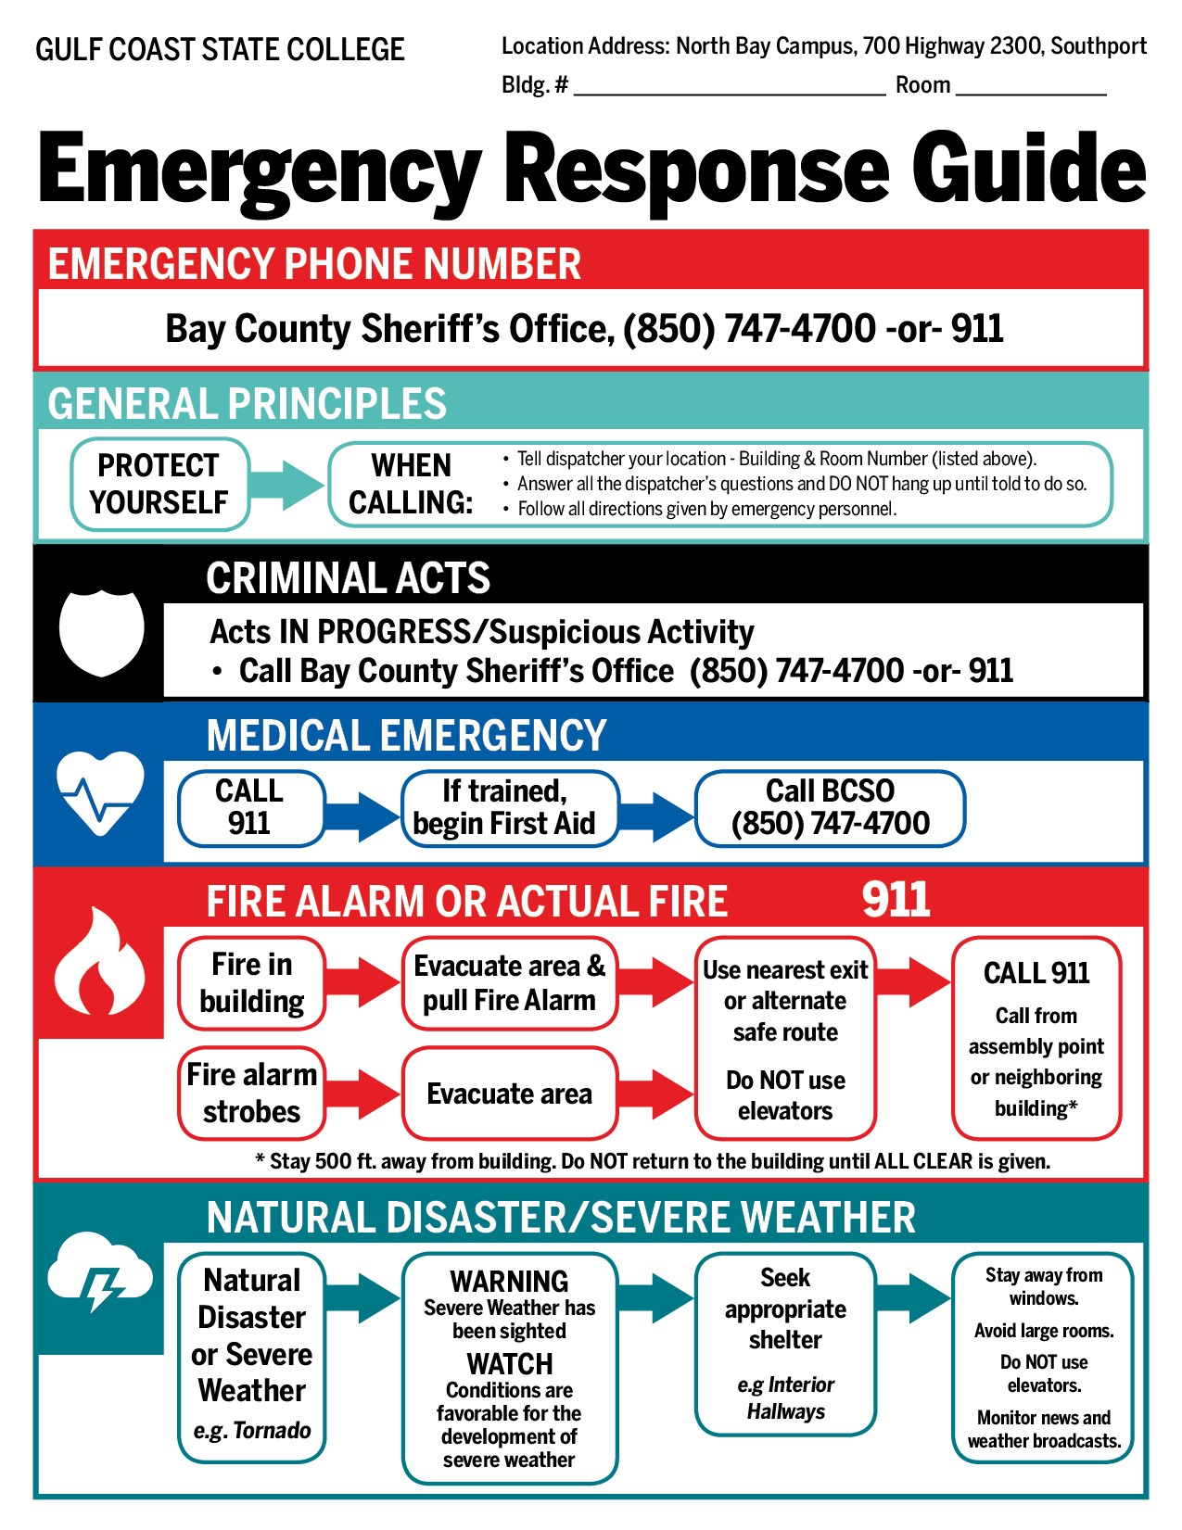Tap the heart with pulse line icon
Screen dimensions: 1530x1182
tap(100, 792)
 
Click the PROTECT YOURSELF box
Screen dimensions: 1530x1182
tap(159, 484)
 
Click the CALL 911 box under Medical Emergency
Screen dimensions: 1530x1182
tap(250, 808)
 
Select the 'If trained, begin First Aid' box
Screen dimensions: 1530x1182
tap(508, 808)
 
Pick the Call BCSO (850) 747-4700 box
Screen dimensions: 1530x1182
tap(830, 808)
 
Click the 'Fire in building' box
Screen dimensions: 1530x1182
tap(251, 983)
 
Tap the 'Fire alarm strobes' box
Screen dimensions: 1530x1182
tap(251, 1093)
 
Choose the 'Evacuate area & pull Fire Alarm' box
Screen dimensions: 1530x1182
tap(509, 983)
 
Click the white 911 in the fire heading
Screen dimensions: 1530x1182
tap(896, 899)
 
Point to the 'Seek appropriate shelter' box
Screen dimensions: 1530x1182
tap(785, 1343)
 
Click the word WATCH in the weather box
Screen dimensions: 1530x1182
tap(509, 1364)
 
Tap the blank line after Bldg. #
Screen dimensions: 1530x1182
tap(730, 89)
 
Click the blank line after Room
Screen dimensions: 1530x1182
tap(1031, 89)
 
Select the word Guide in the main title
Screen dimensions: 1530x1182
tap(1029, 169)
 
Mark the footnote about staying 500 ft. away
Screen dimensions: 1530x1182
tap(652, 1161)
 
